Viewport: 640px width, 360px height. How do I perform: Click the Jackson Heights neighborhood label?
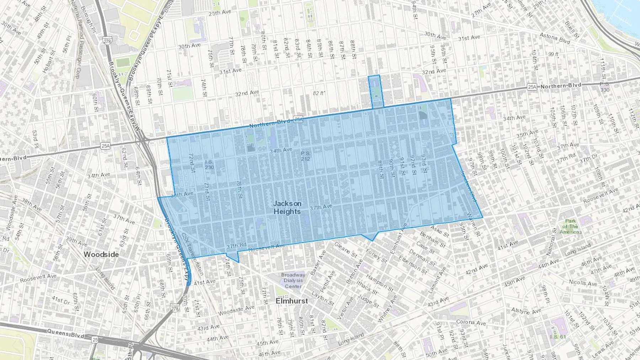coord(287,208)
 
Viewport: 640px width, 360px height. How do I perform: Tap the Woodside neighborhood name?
coord(101,254)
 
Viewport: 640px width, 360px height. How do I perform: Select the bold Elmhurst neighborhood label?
coord(292,301)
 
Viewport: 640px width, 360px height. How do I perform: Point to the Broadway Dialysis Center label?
coord(293,280)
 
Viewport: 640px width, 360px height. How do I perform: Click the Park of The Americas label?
coord(571,226)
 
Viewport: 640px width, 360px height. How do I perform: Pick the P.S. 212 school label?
coord(305,156)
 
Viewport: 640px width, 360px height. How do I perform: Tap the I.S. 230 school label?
coord(209,165)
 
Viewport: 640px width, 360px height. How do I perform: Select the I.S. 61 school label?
coord(558,336)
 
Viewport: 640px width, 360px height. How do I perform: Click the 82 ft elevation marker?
coord(319,93)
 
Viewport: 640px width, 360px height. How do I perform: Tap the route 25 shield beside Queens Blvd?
coord(95,340)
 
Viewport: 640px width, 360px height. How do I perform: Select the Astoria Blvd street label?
coord(555,38)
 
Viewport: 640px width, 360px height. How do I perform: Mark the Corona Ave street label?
coord(471,322)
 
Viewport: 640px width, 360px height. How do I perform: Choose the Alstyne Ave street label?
coord(526,311)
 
